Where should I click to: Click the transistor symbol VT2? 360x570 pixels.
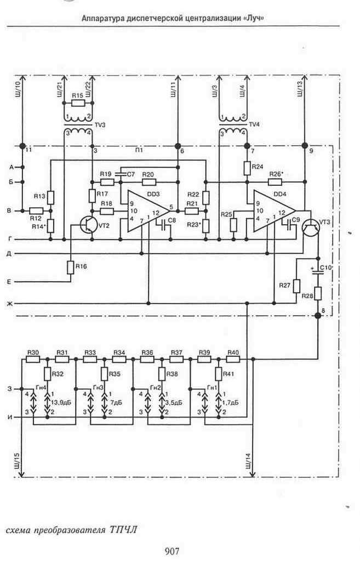[89, 225]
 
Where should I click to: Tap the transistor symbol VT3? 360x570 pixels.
[311, 226]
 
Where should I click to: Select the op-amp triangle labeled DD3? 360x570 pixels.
[148, 211]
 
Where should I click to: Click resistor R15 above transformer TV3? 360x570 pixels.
[78, 103]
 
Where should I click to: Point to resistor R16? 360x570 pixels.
[71, 267]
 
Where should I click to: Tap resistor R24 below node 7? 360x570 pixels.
[247, 168]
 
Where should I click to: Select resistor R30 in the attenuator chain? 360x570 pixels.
[33, 359]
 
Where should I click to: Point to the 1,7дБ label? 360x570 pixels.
[230, 402]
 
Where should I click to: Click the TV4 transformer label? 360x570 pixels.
[254, 124]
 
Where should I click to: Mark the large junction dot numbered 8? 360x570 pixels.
[318, 316]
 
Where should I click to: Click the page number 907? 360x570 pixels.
[172, 551]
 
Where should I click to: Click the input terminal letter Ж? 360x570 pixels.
[10, 304]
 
